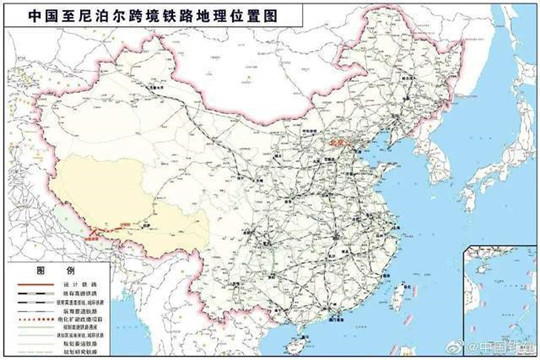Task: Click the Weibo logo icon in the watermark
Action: coord(454,346)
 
